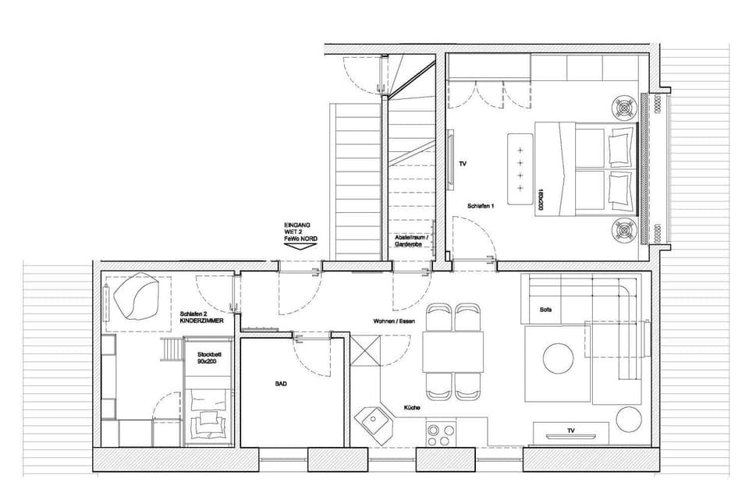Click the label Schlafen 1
pyautogui.click(x=480, y=206)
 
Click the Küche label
pyautogui.click(x=413, y=408)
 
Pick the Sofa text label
pyautogui.click(x=545, y=310)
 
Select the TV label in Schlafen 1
pyautogui.click(x=463, y=165)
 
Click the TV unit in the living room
pyautogui.click(x=570, y=432)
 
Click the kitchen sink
pyautogui.click(x=374, y=424)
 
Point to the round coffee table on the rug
pyautogui.click(x=559, y=359)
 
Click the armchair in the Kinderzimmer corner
pyautogui.click(x=137, y=296)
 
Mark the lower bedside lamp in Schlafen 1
pyautogui.click(x=625, y=231)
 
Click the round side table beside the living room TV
pyautogui.click(x=629, y=420)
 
